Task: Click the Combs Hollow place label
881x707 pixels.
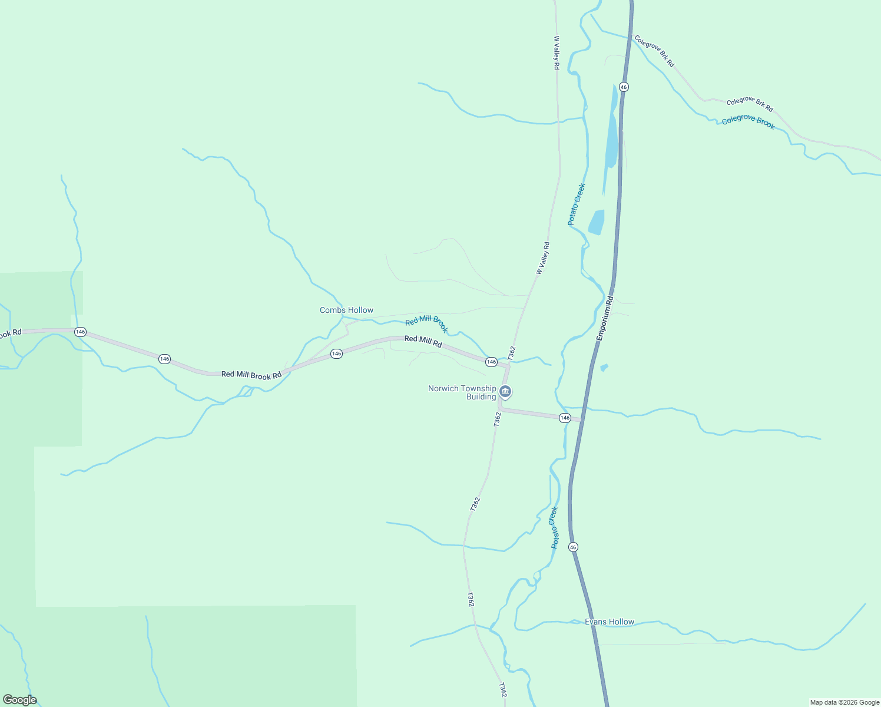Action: point(346,310)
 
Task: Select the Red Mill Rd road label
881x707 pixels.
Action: point(423,341)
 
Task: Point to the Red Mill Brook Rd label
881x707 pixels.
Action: point(251,375)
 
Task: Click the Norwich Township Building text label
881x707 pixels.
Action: point(462,392)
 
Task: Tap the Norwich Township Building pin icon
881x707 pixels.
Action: point(505,391)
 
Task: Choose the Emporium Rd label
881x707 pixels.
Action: point(605,318)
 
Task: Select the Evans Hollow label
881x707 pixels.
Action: point(610,622)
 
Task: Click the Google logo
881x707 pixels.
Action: point(19,700)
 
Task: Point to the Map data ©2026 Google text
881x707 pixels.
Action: point(844,702)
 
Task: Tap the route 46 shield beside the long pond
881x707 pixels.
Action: point(624,87)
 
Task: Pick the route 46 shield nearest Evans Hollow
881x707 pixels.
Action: point(573,547)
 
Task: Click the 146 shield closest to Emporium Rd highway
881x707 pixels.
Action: point(565,418)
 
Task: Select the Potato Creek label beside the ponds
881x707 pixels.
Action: point(577,204)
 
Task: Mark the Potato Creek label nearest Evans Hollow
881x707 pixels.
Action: point(554,527)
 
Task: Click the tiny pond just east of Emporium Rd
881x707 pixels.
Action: point(604,368)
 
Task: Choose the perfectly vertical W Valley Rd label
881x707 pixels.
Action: point(556,53)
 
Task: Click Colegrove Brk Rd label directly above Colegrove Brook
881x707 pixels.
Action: point(750,104)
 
